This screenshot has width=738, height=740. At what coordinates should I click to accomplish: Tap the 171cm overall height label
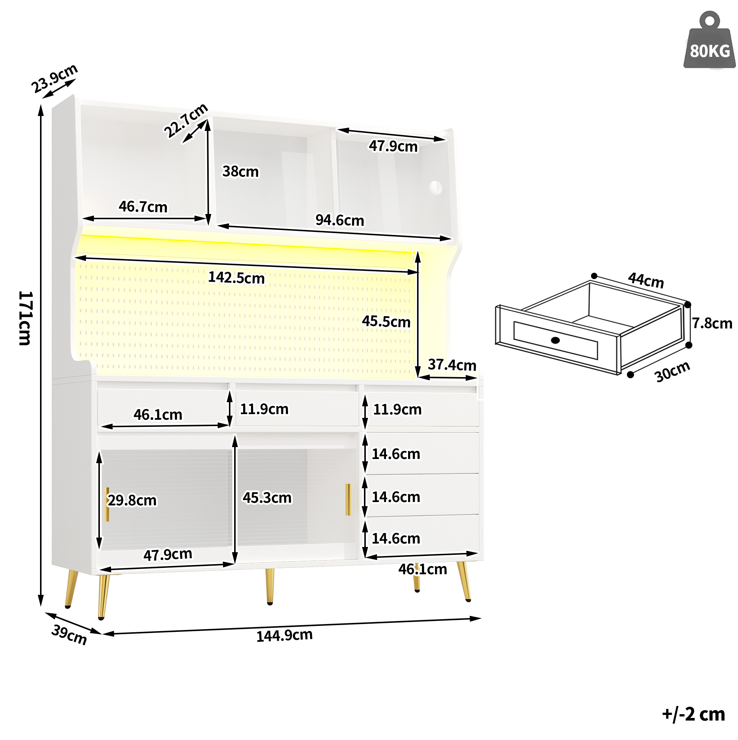pos(26,318)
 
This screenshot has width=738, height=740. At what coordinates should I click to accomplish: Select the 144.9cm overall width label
pos(284,635)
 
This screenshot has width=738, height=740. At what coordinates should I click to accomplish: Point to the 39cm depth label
pos(69,634)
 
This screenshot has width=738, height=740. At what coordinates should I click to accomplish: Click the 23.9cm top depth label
pos(54,79)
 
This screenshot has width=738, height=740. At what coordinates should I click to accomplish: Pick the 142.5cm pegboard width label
pos(236,278)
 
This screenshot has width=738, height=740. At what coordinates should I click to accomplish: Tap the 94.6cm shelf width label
pos(339,220)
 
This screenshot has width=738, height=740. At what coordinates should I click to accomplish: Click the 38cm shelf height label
pos(241,172)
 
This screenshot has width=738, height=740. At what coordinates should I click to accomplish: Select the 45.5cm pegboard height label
pos(386,321)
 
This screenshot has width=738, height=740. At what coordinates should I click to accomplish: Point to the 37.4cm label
pos(452,365)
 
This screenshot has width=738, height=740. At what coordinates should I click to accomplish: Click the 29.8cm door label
pos(132,500)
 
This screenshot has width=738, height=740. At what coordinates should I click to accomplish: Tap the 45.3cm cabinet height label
pos(267,498)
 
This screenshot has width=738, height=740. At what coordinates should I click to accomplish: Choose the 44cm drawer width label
pos(645,280)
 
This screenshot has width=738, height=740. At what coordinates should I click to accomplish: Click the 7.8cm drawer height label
pos(712,323)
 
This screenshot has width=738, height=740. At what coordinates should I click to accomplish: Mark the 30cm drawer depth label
pos(672,371)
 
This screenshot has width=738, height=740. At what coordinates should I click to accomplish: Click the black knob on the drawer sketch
pos(555,340)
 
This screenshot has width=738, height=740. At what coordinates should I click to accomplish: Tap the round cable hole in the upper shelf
pos(435,188)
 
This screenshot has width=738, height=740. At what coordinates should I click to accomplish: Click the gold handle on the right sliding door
pos(348,499)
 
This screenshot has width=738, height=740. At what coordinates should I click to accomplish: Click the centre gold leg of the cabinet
pos(270,586)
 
